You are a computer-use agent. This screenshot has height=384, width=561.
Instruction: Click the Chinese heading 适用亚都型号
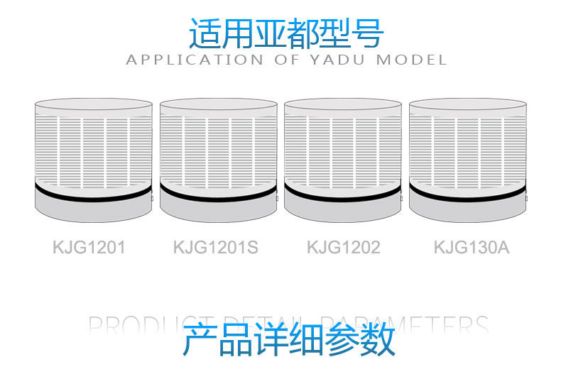tap(286, 33)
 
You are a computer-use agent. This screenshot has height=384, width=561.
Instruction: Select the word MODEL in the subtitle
tap(411, 60)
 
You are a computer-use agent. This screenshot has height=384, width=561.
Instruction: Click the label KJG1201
tap(89, 248)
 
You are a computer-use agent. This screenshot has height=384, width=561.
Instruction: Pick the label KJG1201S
tap(216, 248)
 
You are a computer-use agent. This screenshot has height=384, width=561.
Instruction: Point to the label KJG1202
tap(343, 248)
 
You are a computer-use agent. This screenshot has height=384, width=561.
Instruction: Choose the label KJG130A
tap(472, 248)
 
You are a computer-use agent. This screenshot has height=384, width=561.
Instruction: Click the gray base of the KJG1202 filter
tap(343, 209)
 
